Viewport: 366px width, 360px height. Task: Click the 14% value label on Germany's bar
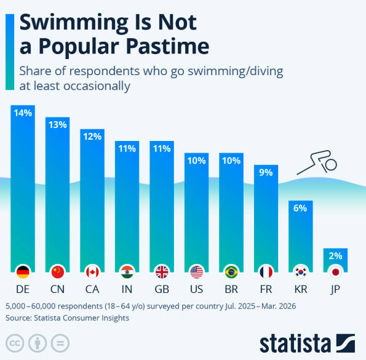(x=23, y=113)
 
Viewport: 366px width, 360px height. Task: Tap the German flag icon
(x=23, y=272)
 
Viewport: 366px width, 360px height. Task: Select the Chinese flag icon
(x=58, y=272)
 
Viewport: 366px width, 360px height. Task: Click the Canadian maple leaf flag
(x=92, y=272)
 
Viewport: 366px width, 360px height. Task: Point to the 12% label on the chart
(x=92, y=137)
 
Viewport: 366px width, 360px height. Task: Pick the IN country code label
(x=127, y=289)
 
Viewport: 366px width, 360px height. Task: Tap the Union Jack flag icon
(x=162, y=272)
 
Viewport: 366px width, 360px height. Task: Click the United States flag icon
(x=197, y=272)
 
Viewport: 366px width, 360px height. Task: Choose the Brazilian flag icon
(x=231, y=272)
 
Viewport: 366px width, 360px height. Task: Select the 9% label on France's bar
(x=266, y=172)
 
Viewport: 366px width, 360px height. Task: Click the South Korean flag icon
(x=301, y=272)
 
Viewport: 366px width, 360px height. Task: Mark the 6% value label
(x=300, y=208)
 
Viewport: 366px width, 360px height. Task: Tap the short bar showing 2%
(x=335, y=260)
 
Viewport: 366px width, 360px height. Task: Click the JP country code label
(x=335, y=290)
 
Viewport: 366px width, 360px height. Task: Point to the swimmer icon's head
(x=331, y=164)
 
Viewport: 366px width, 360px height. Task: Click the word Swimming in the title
(x=74, y=23)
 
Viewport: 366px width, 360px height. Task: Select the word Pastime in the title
(x=167, y=46)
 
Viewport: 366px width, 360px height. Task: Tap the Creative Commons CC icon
(x=15, y=343)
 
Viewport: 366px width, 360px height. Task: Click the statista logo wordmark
(x=295, y=343)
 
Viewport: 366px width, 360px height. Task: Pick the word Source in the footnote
(x=18, y=318)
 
